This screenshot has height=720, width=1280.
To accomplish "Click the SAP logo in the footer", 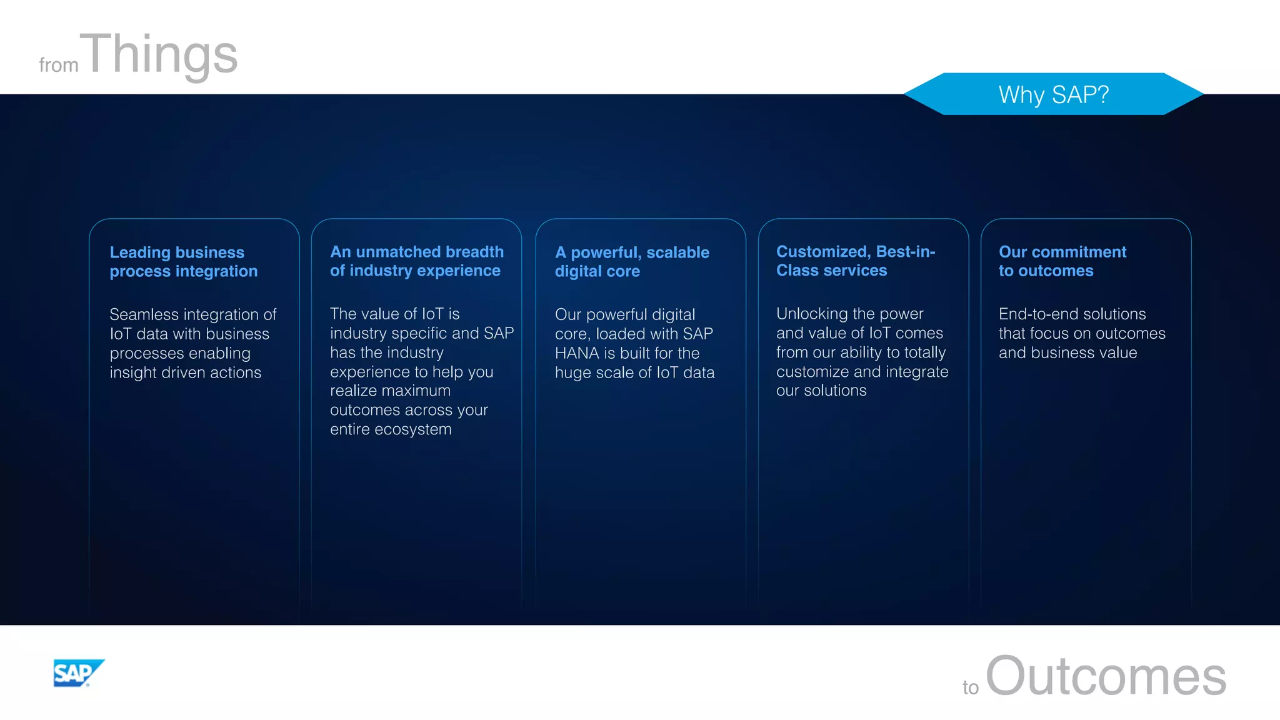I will pyautogui.click(x=78, y=673).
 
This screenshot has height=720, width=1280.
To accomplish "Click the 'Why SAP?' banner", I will pyautogui.click(x=1054, y=94).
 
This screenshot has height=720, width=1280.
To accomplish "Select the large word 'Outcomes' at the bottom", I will pyautogui.click(x=1106, y=676).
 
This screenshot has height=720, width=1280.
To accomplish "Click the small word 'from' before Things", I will pyautogui.click(x=59, y=65).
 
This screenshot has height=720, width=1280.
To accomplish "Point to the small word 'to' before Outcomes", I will pyautogui.click(x=970, y=687).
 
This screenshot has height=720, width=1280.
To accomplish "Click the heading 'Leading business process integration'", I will pyautogui.click(x=183, y=262).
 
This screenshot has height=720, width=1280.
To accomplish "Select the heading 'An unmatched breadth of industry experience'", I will pyautogui.click(x=416, y=261).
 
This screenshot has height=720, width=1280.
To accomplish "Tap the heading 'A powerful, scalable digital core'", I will pyautogui.click(x=632, y=262).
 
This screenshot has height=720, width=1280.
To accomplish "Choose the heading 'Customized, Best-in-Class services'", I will pyautogui.click(x=856, y=261).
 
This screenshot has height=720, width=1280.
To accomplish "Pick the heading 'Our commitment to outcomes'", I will pyautogui.click(x=1062, y=261).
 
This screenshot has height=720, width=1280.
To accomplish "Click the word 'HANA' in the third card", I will pyautogui.click(x=577, y=353).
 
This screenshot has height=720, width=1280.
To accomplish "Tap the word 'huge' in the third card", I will pyautogui.click(x=572, y=373).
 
